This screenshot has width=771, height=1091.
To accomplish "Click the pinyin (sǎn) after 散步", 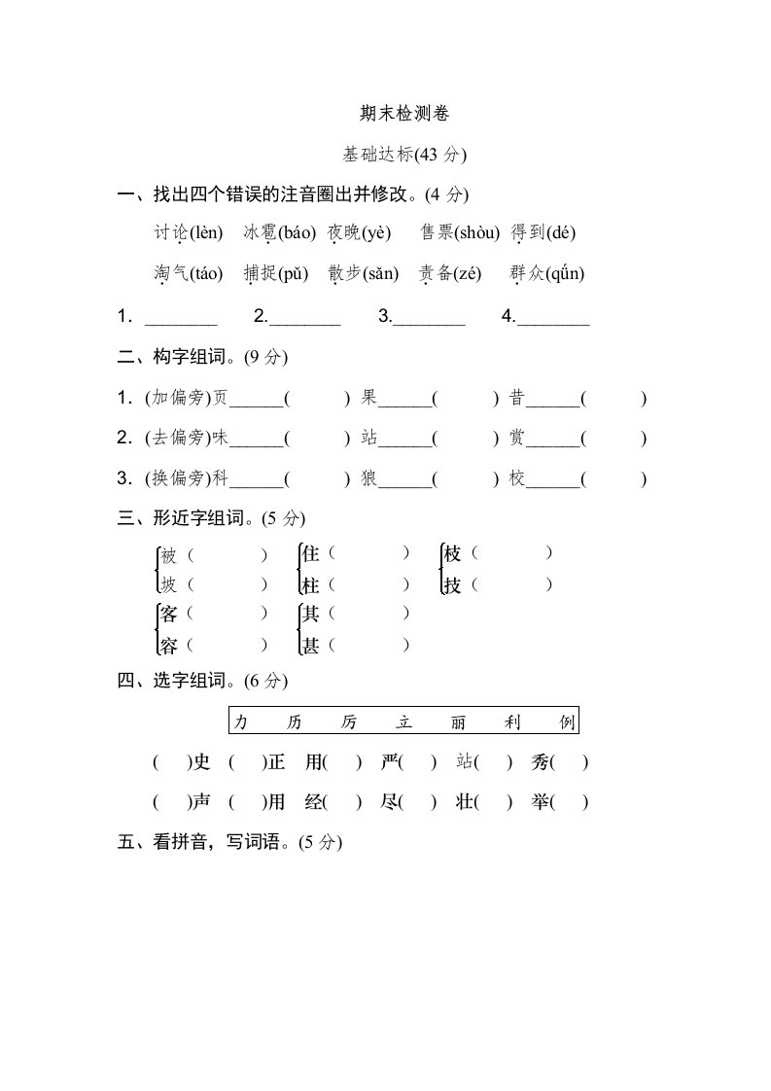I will pyautogui.click(x=376, y=274).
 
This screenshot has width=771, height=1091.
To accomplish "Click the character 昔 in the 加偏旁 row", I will pyautogui.click(x=517, y=398).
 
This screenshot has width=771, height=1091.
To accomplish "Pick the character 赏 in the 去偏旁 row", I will pyautogui.click(x=517, y=439).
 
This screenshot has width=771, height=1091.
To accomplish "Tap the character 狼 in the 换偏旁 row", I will pyautogui.click(x=368, y=478).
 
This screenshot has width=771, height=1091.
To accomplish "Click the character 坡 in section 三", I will pyautogui.click(x=169, y=585).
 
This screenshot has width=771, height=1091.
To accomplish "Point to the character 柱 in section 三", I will pyautogui.click(x=311, y=585).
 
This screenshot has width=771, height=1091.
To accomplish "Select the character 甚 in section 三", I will pyautogui.click(x=311, y=645).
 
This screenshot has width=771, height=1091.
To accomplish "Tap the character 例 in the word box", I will pyautogui.click(x=568, y=721).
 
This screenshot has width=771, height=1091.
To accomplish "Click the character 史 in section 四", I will pyautogui.click(x=201, y=762).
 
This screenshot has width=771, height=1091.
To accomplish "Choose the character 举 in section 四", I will pyautogui.click(x=541, y=803).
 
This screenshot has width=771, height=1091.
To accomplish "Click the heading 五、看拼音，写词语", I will pyautogui.click(x=229, y=843).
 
